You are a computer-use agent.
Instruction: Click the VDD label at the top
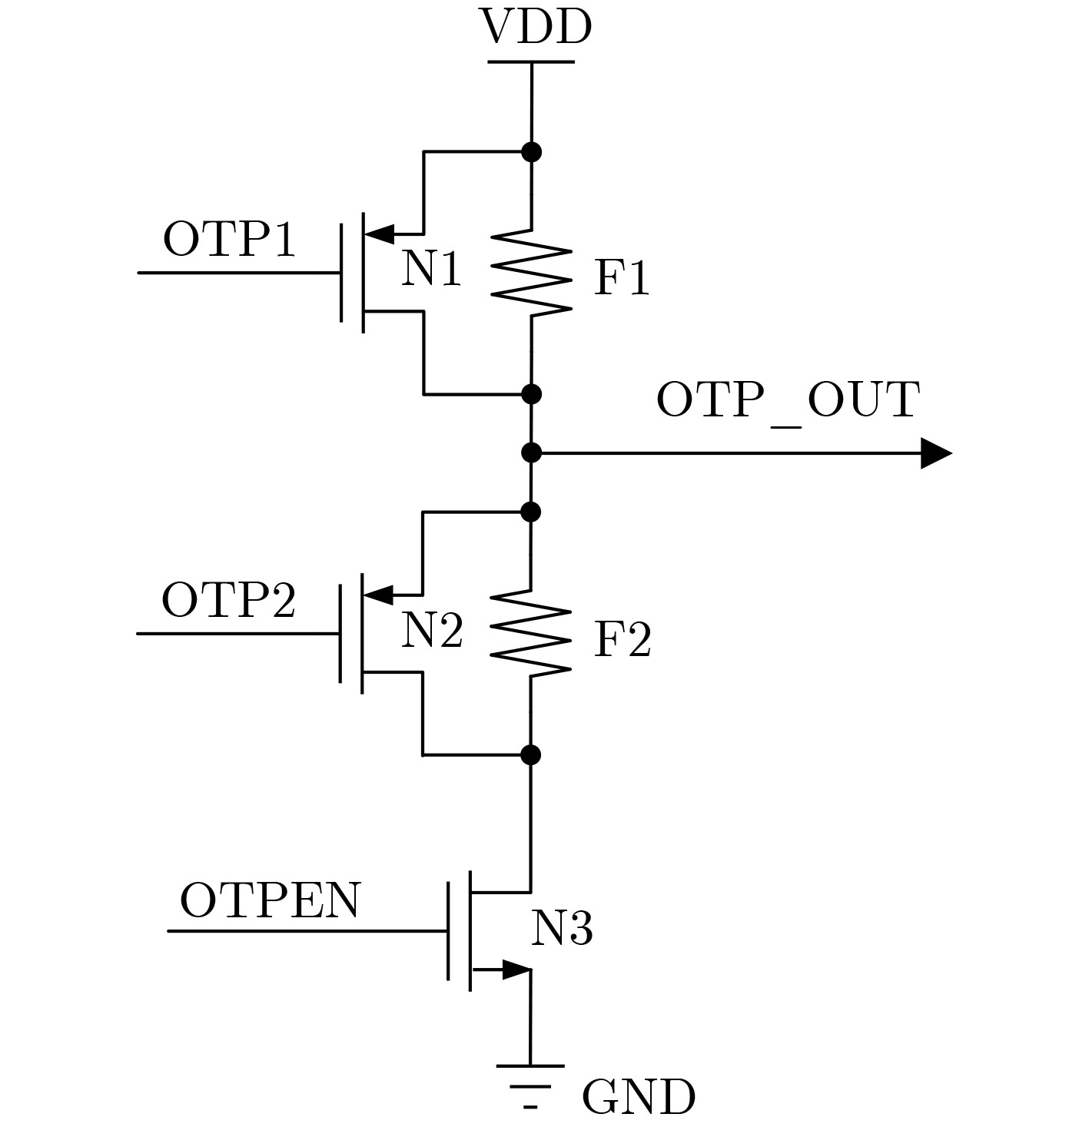point(536,28)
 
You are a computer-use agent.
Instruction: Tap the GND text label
point(638,1097)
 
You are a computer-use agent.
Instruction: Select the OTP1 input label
point(229,240)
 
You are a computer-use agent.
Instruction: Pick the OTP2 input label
point(228,600)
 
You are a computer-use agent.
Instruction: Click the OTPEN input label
point(270,900)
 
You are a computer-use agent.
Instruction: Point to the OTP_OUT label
point(788,399)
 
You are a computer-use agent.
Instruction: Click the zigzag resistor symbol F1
point(531,271)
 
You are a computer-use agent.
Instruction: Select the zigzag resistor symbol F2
point(531,633)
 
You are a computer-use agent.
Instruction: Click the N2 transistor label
point(432,631)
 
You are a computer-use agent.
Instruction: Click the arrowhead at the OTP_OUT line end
point(935,453)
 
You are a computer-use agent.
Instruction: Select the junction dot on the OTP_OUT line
point(531,452)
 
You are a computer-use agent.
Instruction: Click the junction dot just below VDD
point(531,152)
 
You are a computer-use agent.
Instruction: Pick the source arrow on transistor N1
point(379,233)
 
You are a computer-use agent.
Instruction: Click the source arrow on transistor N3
point(516,970)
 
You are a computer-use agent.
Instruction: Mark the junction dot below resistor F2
point(530,754)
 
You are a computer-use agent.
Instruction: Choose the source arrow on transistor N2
point(378,594)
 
